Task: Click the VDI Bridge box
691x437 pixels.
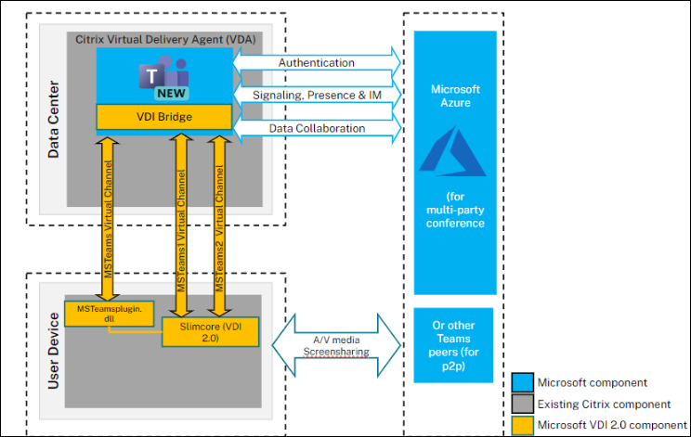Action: pos(163,117)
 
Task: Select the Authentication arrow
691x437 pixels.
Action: pos(317,63)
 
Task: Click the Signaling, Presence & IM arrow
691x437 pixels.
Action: pos(317,95)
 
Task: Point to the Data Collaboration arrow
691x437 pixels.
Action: pos(317,128)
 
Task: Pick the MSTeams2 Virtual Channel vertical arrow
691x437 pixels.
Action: pos(219,223)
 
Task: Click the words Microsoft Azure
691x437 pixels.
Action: pos(454,96)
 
